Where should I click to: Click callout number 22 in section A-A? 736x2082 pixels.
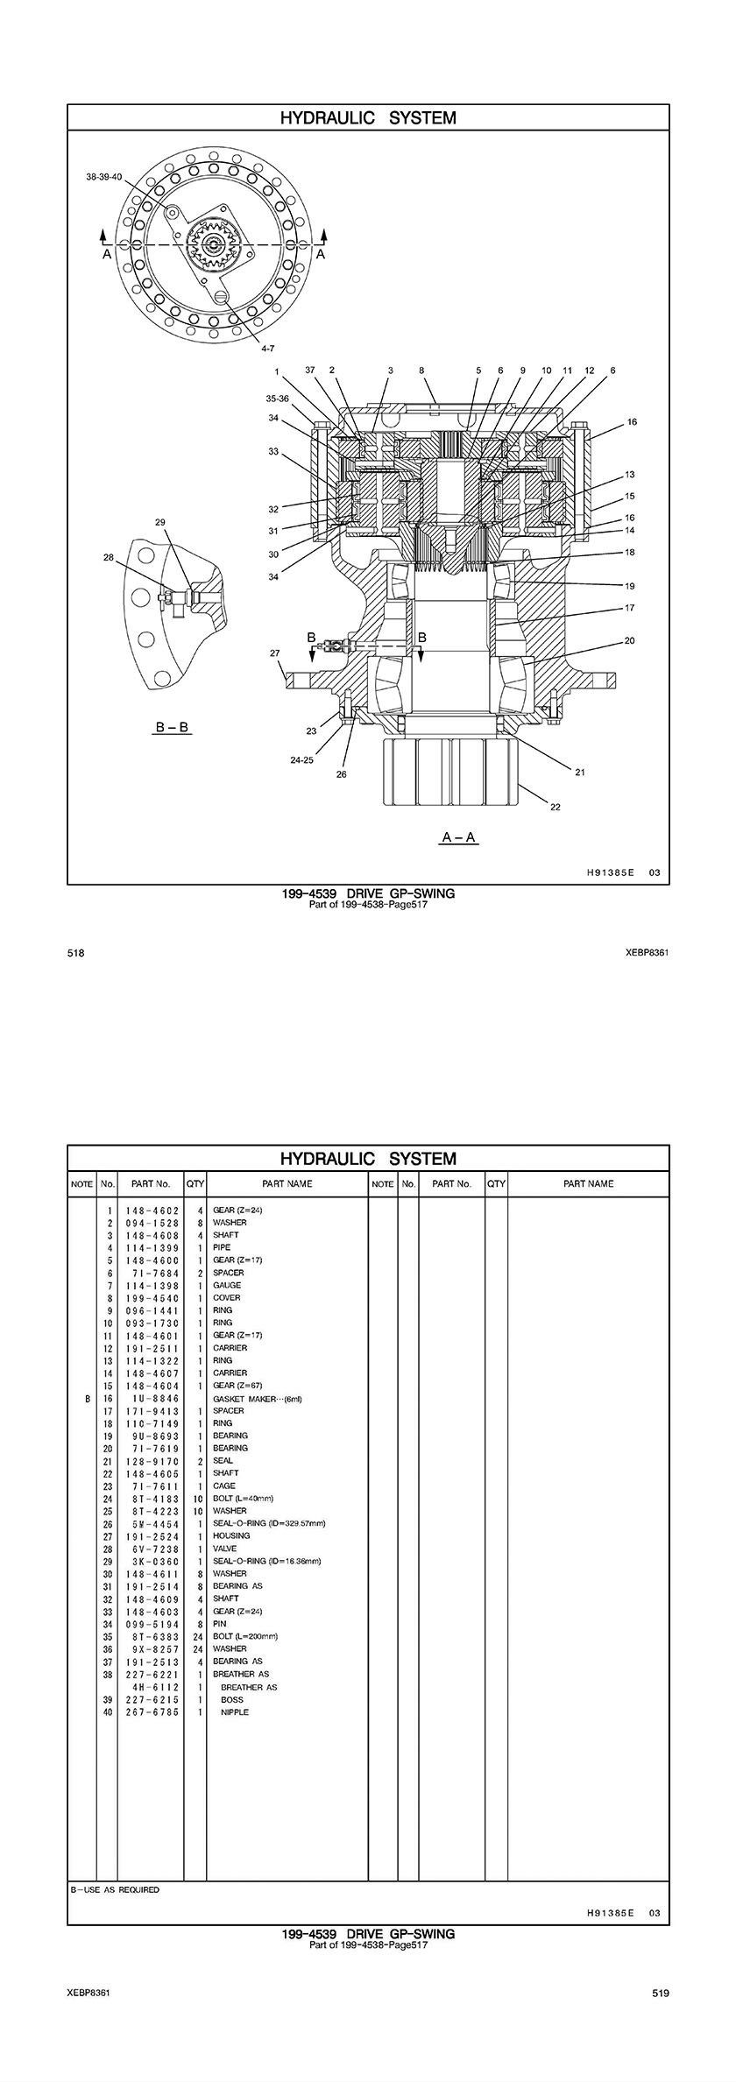pyautogui.click(x=555, y=807)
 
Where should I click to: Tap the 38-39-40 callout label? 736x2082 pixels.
pyautogui.click(x=104, y=176)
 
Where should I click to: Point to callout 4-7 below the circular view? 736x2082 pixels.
pyautogui.click(x=267, y=349)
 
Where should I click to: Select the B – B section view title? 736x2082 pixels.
pyautogui.click(x=173, y=728)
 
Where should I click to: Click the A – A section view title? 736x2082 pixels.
pyautogui.click(x=459, y=837)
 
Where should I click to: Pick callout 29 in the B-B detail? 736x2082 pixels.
pyautogui.click(x=159, y=522)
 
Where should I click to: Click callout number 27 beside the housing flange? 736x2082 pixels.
pyautogui.click(x=274, y=653)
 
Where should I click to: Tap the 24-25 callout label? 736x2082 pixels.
pyautogui.click(x=301, y=760)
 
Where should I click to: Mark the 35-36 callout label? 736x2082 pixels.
pyautogui.click(x=277, y=398)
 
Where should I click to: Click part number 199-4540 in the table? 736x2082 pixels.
pyautogui.click(x=152, y=1298)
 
